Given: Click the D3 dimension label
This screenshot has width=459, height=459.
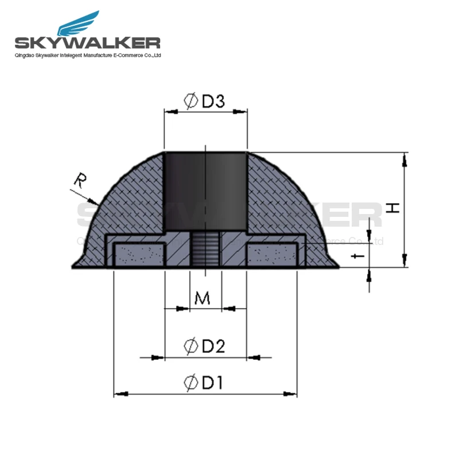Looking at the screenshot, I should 212,102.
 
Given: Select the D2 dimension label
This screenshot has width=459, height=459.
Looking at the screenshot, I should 212,346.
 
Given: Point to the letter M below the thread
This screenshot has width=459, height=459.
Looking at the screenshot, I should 202,298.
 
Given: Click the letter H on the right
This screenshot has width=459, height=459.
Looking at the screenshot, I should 392,207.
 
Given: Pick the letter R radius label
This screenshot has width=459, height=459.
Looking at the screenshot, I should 80,181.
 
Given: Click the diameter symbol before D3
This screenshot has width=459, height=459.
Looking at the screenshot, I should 191,102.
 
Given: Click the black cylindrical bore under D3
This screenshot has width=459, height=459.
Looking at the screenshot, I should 205,189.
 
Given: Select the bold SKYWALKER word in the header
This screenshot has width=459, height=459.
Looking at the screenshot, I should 87,43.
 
